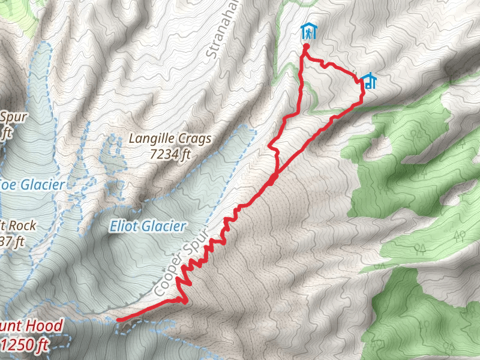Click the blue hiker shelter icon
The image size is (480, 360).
308,31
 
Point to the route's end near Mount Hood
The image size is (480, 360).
118,320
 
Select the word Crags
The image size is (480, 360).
196,139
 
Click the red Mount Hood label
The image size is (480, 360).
30,326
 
